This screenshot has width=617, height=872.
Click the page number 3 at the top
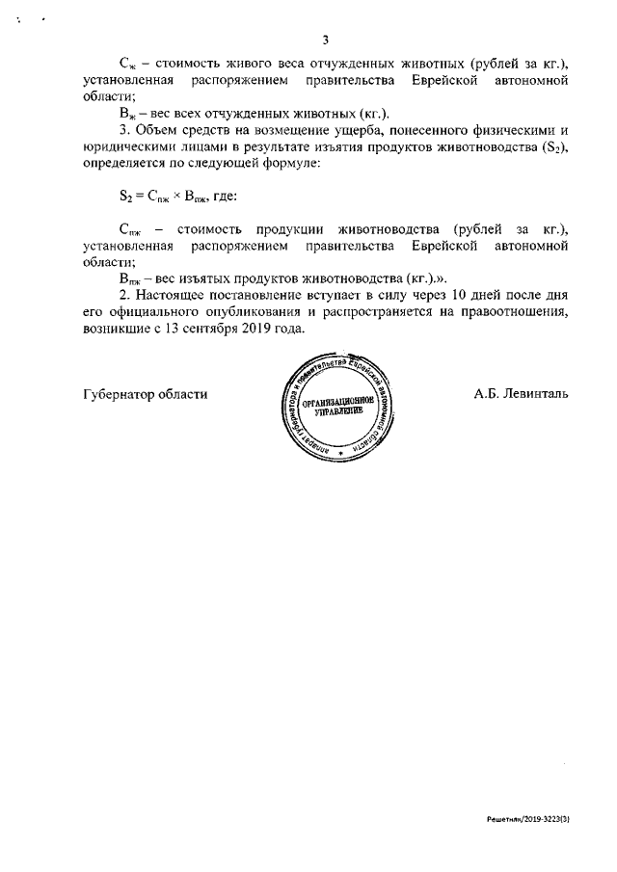click(x=325, y=40)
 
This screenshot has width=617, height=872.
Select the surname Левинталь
click(x=524, y=394)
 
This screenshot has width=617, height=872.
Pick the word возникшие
click(x=121, y=329)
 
